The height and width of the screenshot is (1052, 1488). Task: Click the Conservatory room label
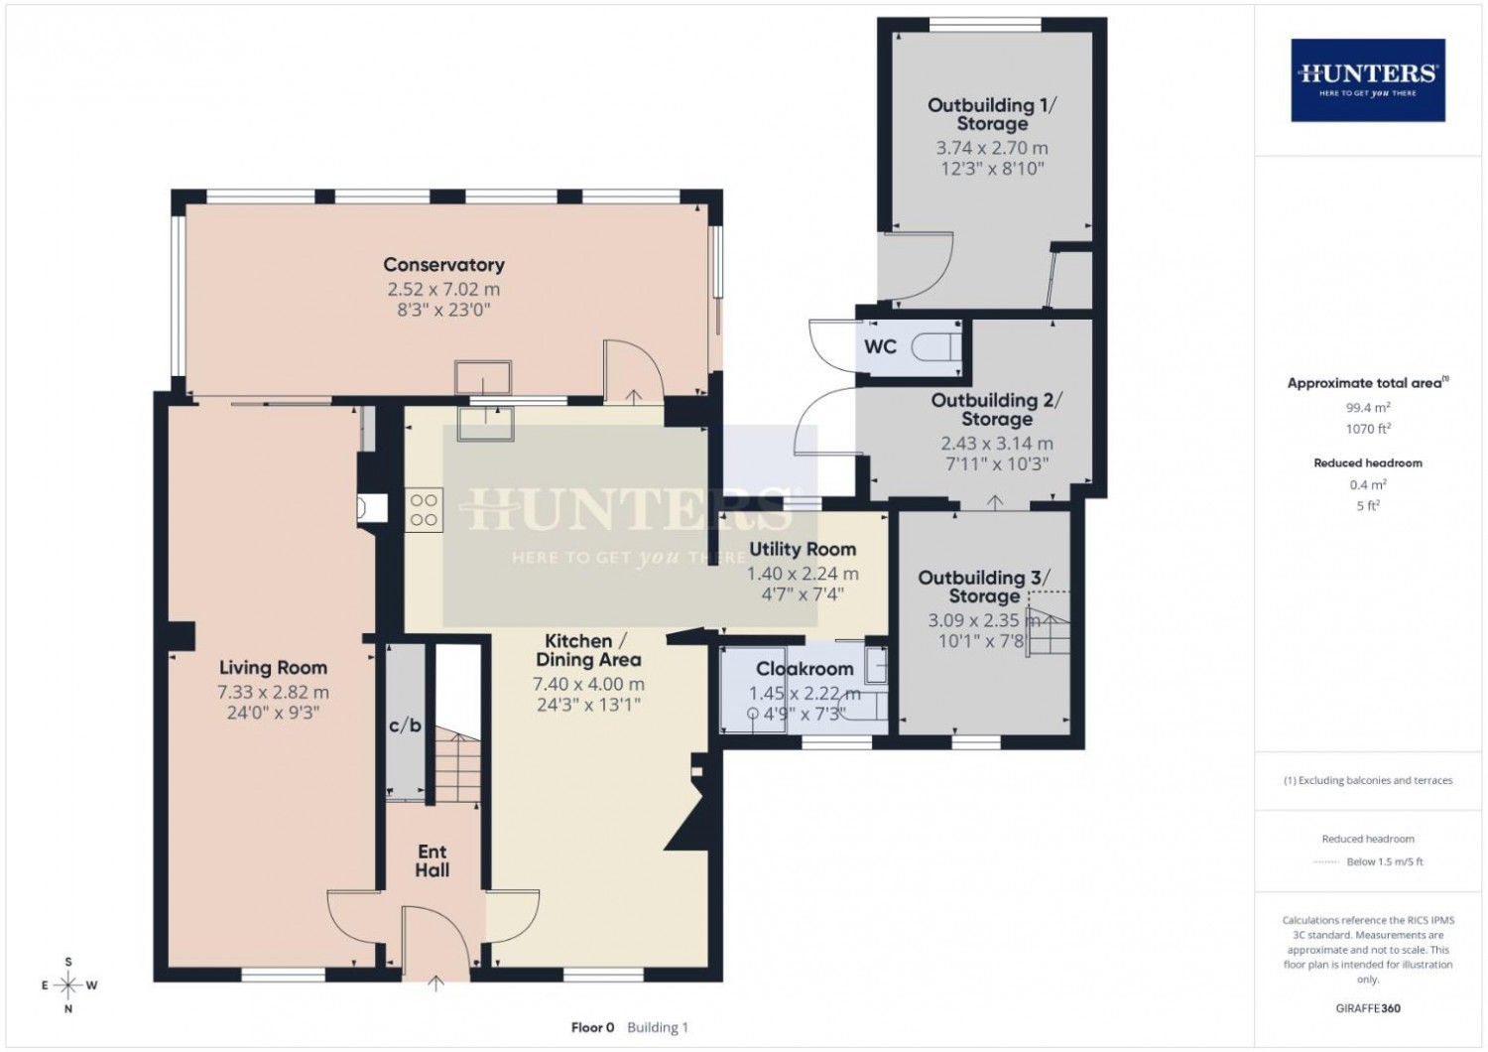tap(443, 265)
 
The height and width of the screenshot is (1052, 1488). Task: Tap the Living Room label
tap(273, 667)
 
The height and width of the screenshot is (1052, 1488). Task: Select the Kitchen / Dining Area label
tap(588, 650)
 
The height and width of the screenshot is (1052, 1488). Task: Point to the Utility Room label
tap(803, 549)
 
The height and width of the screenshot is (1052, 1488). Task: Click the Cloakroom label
tap(805, 669)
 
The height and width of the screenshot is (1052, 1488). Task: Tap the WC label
tap(880, 346)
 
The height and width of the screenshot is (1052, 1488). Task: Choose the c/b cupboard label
tap(405, 725)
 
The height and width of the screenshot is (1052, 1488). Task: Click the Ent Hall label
tap(433, 860)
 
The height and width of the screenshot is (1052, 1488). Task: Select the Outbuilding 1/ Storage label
tap(992, 114)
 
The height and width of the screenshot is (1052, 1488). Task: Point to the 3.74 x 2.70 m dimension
tap(992, 148)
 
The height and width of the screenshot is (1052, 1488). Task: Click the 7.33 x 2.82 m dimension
tap(273, 692)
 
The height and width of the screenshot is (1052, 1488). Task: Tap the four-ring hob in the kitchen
tap(424, 510)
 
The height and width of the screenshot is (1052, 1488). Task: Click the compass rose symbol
tap(68, 985)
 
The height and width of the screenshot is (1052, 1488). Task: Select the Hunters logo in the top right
tap(1368, 79)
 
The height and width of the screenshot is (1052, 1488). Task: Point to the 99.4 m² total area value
tap(1368, 407)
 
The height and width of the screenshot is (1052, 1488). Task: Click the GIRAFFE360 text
tap(1368, 1008)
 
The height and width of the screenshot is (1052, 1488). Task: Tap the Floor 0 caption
tap(592, 1027)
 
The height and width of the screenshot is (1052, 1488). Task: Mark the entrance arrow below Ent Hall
tap(435, 983)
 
